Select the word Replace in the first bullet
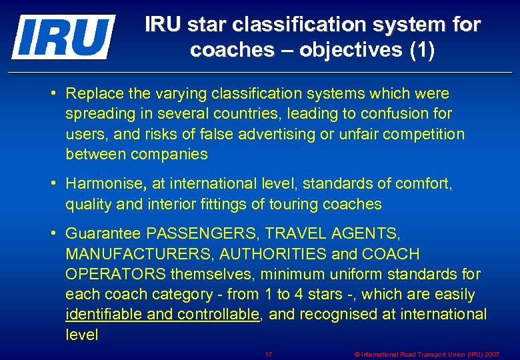(x=95, y=93)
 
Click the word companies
(x=169, y=155)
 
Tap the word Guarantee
(x=103, y=233)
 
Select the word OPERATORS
(x=116, y=274)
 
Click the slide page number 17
(x=269, y=354)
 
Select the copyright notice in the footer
(x=427, y=354)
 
